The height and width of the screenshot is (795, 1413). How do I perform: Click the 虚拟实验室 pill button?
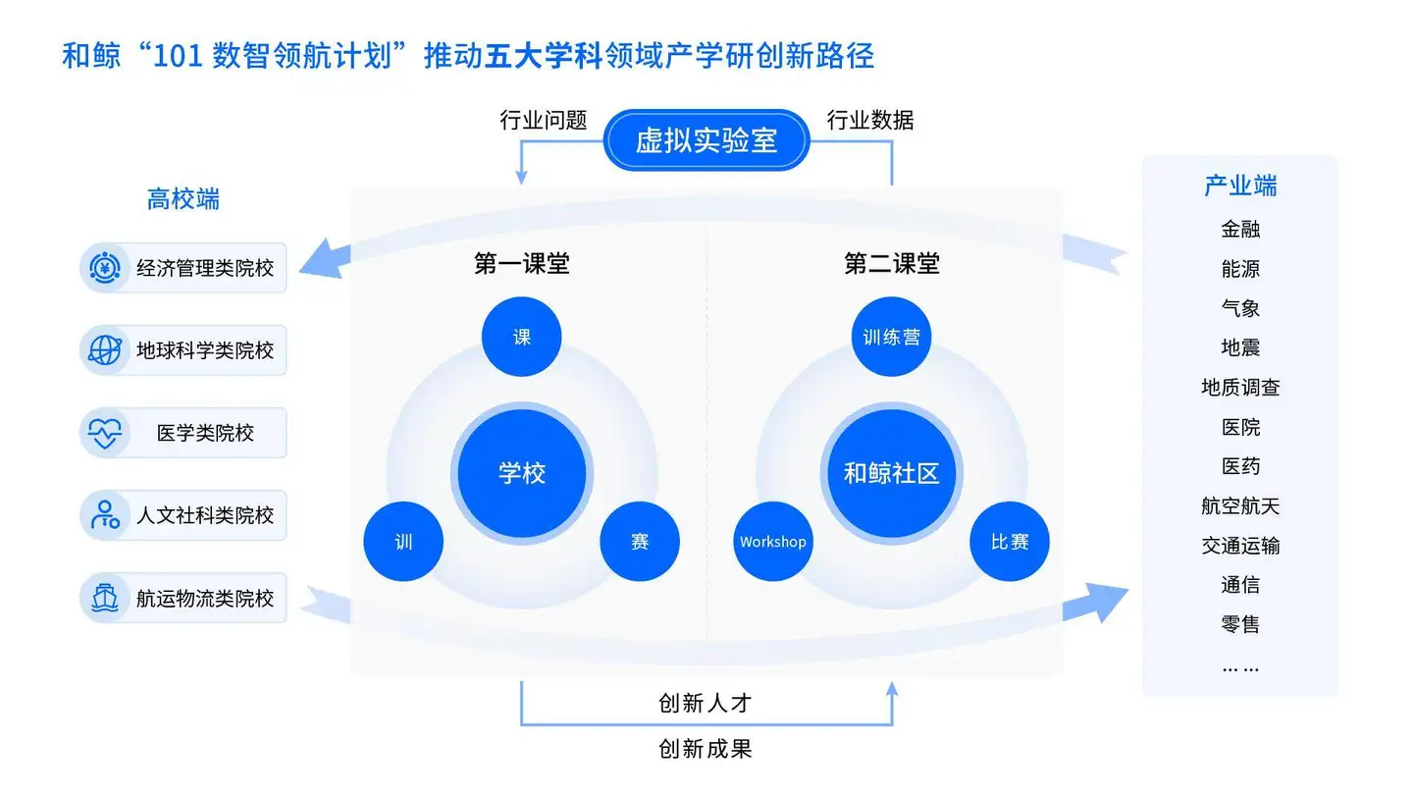pyautogui.click(x=706, y=140)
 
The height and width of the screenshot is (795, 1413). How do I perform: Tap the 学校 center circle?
pyautogui.click(x=521, y=473)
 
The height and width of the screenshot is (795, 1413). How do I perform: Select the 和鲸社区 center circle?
pyautogui.click(x=891, y=473)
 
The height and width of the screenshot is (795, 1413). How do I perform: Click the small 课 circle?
pyautogui.click(x=521, y=337)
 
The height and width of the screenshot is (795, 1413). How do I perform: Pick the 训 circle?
pyautogui.click(x=403, y=541)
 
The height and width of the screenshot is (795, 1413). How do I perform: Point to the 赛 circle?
pyautogui.click(x=640, y=541)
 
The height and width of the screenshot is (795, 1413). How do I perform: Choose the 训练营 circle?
pyautogui.click(x=891, y=337)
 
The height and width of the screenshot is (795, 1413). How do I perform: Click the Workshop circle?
pyautogui.click(x=773, y=541)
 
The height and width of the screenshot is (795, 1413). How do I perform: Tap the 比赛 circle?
pyautogui.click(x=1009, y=541)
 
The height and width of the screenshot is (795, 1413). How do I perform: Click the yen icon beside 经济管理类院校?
pyautogui.click(x=105, y=267)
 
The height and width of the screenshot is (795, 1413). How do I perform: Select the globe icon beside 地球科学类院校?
pyautogui.click(x=105, y=349)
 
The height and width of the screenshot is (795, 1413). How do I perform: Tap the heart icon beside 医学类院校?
pyautogui.click(x=105, y=433)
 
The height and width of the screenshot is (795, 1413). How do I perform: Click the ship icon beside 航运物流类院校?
pyautogui.click(x=105, y=598)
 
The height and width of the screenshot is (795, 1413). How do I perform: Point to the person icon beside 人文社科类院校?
pyautogui.click(x=105, y=515)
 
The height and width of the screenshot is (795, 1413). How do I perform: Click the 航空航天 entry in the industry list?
pyautogui.click(x=1240, y=506)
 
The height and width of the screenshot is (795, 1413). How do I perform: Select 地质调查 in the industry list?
pyautogui.click(x=1240, y=388)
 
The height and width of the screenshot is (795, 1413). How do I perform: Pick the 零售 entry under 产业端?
pyautogui.click(x=1240, y=624)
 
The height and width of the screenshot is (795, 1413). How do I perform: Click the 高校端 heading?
pyautogui.click(x=183, y=200)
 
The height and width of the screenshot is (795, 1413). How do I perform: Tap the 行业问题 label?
pyautogui.click(x=544, y=121)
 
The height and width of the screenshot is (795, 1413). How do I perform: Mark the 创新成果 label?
pyautogui.click(x=706, y=750)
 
